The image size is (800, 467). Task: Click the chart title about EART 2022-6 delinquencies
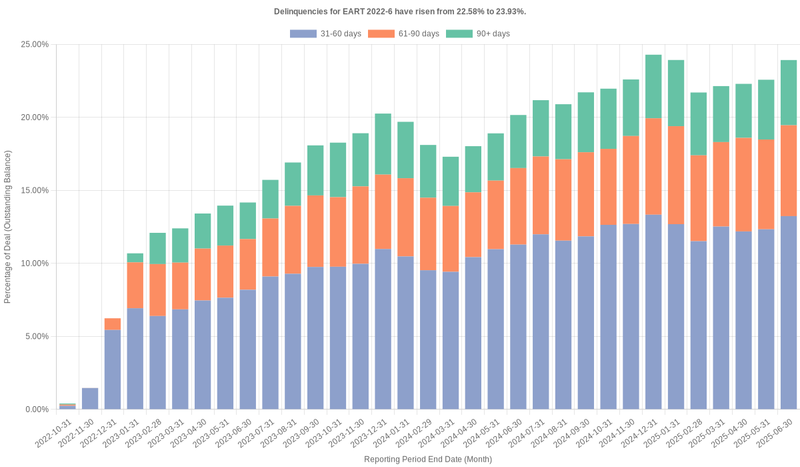coord(400,11)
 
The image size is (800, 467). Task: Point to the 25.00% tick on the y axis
coord(34,45)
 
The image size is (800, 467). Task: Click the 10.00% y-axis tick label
coord(34,264)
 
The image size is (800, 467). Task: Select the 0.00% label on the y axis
coord(36,410)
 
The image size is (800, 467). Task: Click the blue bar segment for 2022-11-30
coord(90,399)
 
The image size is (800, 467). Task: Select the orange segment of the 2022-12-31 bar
coord(113,324)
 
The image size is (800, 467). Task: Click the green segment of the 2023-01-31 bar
coord(135,258)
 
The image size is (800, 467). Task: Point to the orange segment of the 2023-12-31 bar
coord(382,212)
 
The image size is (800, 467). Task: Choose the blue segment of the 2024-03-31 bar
coord(451,340)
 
